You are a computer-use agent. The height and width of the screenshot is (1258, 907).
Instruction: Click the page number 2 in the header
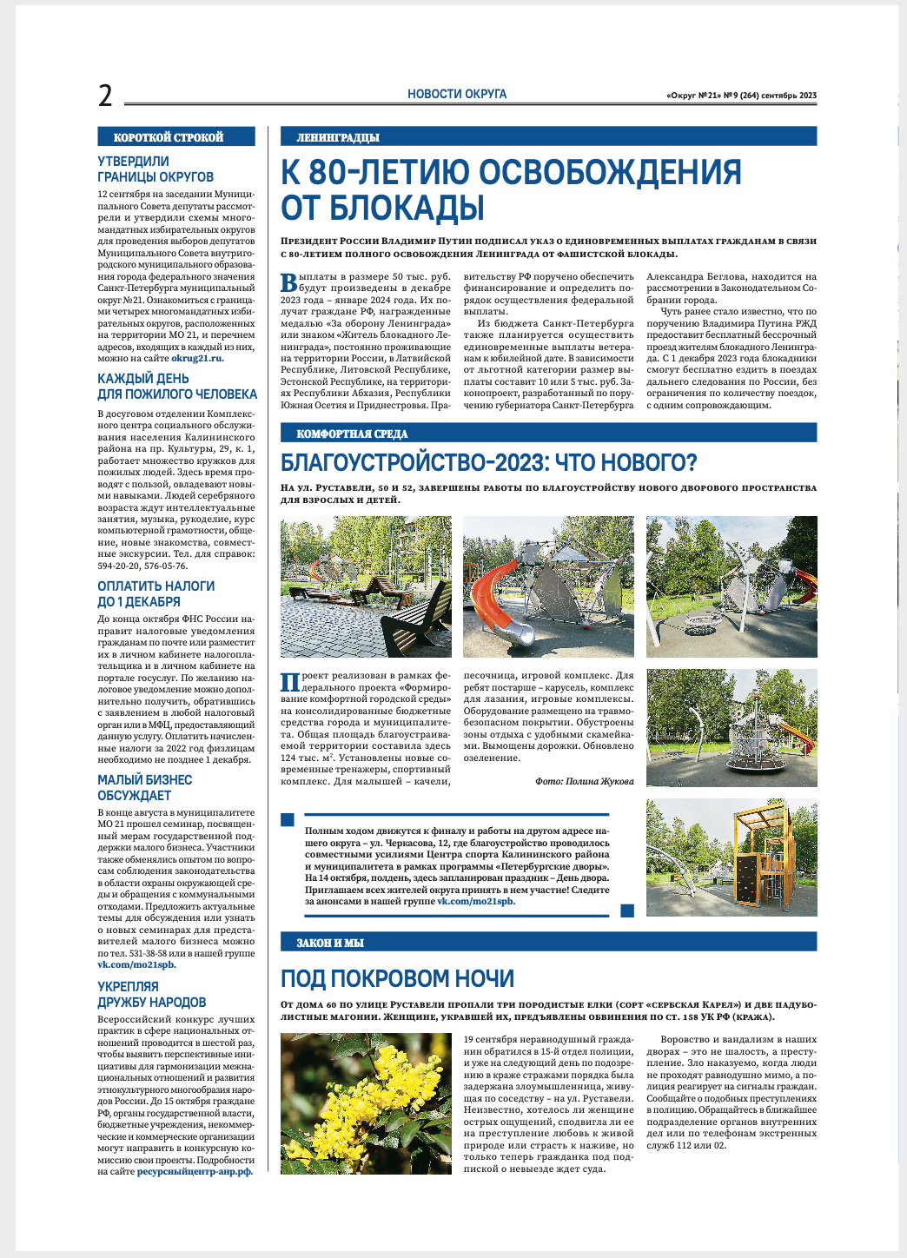(105, 96)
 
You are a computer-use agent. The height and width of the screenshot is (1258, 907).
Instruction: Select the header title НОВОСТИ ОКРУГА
(457, 94)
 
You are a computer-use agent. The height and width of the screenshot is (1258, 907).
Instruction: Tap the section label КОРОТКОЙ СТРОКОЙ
(169, 137)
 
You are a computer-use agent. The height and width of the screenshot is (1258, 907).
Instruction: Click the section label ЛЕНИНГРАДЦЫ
(338, 137)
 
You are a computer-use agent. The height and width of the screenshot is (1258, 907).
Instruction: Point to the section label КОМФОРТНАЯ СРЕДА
(352, 434)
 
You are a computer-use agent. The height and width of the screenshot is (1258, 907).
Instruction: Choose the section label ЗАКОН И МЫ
(330, 943)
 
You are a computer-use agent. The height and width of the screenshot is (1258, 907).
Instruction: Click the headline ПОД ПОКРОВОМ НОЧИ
(397, 979)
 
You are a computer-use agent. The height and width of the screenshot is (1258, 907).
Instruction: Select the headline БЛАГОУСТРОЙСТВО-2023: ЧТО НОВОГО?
(489, 462)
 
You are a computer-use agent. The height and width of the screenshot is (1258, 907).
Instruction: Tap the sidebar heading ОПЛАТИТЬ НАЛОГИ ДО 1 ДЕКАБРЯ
(156, 594)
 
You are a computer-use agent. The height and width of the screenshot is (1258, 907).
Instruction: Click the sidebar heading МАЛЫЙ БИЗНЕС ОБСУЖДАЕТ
(144, 788)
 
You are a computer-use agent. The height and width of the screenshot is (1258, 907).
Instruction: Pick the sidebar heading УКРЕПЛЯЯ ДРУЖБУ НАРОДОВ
(151, 995)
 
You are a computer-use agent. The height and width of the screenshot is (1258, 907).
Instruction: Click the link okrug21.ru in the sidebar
(197, 358)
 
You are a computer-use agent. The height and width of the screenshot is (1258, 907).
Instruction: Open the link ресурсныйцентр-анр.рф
(195, 1172)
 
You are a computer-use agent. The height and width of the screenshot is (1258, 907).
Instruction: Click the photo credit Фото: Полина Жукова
(584, 781)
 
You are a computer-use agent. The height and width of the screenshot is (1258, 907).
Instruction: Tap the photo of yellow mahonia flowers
(366, 1103)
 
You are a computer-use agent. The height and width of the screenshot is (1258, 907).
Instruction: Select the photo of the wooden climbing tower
(732, 857)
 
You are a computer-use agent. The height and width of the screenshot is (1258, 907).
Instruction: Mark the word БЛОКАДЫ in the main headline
(382, 209)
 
